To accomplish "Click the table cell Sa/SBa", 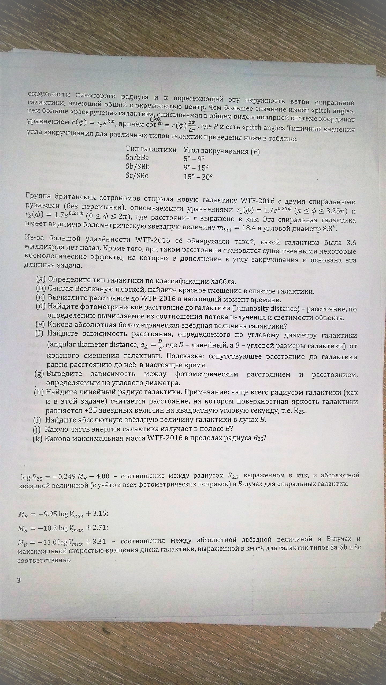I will tap(137, 158).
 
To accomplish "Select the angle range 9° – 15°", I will tap(196, 168).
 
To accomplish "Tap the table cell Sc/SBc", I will tap(137, 176).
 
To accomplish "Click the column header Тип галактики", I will tap(151, 149).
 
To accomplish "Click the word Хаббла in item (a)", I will tap(224, 281).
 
